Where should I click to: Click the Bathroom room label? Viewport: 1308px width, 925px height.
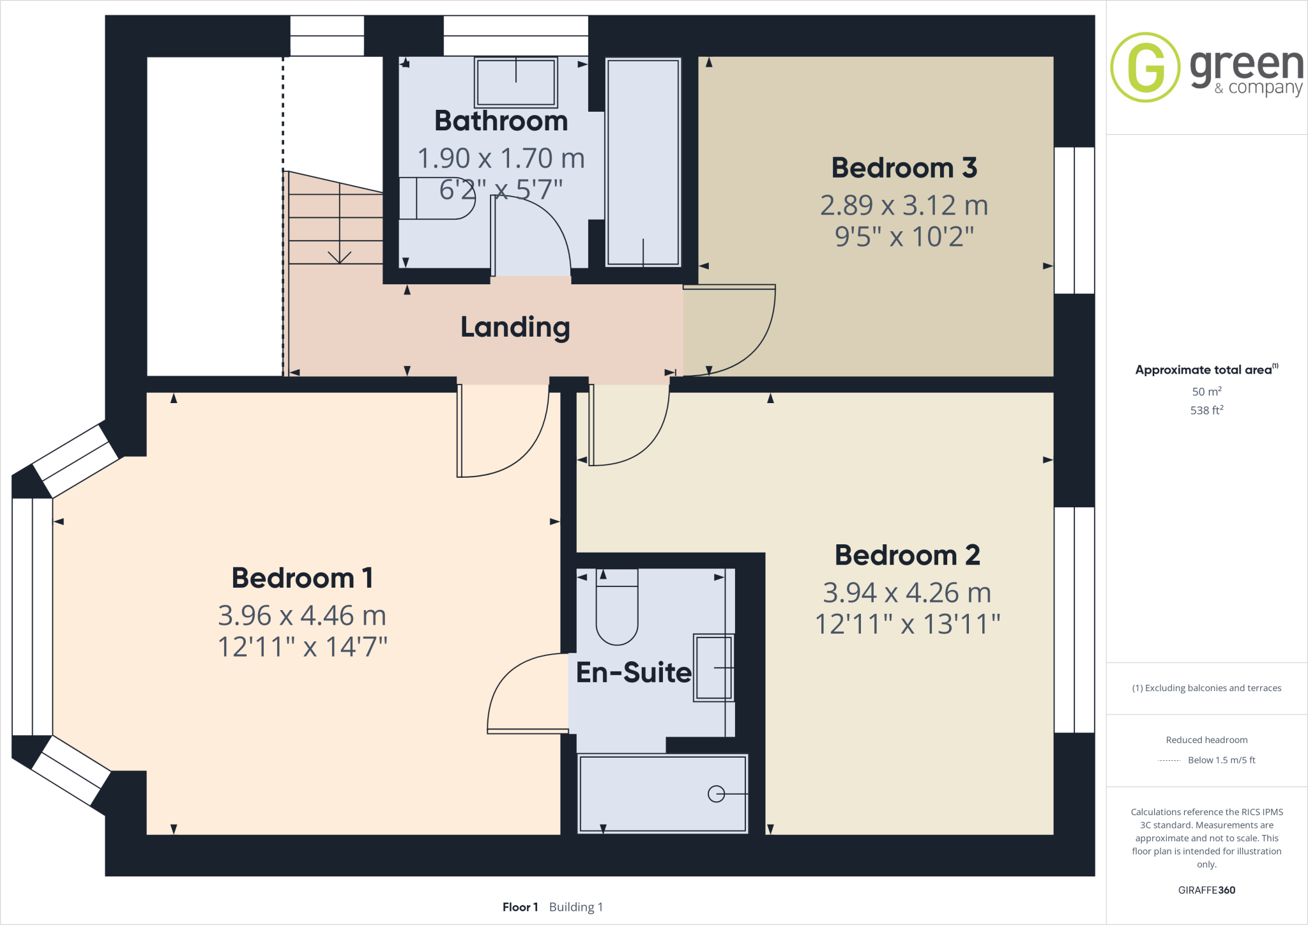coord(501,121)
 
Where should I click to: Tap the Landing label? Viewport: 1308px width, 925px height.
coord(515,327)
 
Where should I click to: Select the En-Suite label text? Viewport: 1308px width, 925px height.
coord(634,672)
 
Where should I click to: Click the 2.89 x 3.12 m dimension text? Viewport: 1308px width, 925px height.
coord(904,205)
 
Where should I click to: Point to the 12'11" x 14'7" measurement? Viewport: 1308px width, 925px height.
coord(302,646)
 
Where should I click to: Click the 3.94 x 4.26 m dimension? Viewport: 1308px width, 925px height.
coord(907,593)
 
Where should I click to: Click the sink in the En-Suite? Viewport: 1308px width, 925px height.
coord(713,668)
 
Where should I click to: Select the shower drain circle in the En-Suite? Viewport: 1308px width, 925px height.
coord(716,794)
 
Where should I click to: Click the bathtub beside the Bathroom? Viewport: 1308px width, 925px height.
coord(643,163)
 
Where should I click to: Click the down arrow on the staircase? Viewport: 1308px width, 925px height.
coord(340,256)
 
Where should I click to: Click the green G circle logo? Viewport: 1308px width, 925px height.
coord(1145,67)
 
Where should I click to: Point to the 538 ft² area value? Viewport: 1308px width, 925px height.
coord(1206,410)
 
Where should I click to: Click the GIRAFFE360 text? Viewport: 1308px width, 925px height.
coord(1206,890)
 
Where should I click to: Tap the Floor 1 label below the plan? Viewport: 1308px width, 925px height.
coord(520,907)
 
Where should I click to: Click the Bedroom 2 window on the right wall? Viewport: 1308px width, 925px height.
coord(1074,620)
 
